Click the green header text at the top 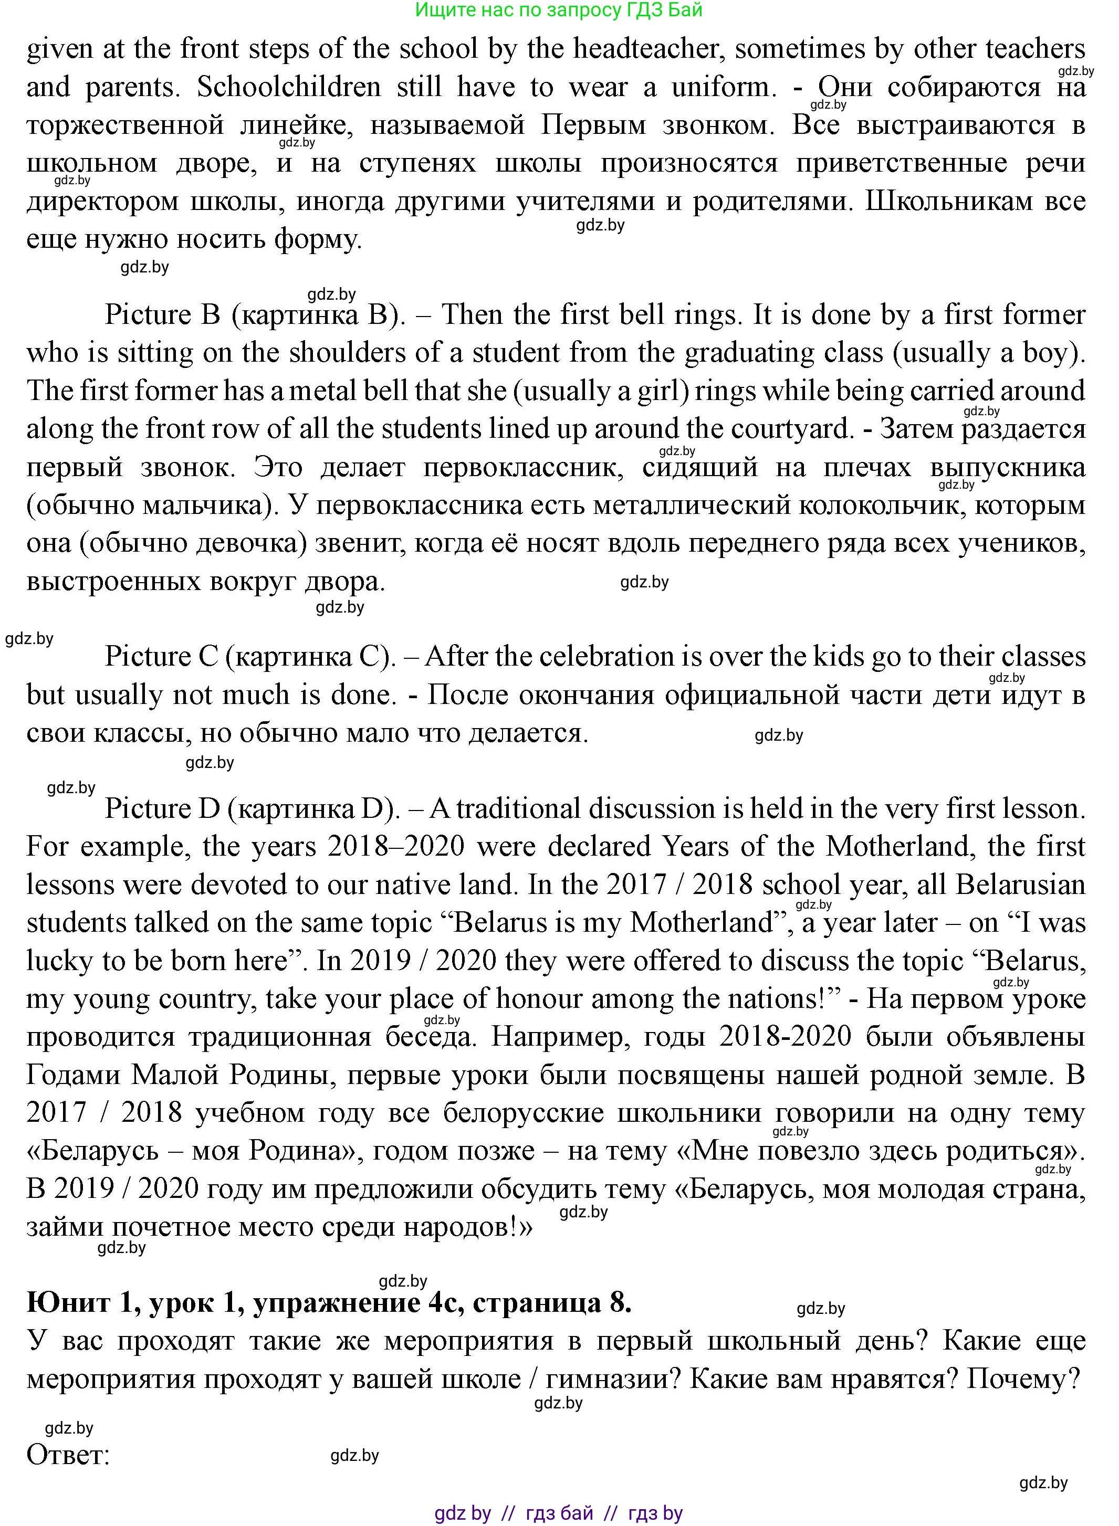coord(559,10)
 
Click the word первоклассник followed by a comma coord(523,468)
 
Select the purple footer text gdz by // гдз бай coord(559,1512)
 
